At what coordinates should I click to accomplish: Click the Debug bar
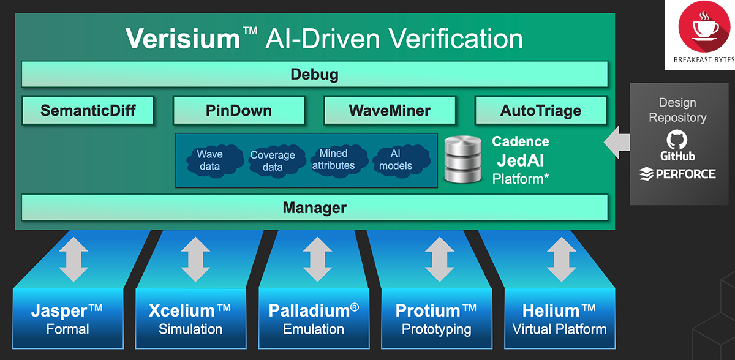[314, 75]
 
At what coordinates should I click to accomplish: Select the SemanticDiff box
[88, 111]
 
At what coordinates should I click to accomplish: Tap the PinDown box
[239, 111]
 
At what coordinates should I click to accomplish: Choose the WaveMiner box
[390, 111]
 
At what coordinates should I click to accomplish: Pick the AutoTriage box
[540, 111]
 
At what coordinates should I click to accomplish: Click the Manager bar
[314, 208]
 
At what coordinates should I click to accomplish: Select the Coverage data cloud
[273, 161]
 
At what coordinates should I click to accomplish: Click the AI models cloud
[396, 160]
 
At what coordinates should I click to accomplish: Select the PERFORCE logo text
[685, 174]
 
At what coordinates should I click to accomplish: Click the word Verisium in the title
[183, 39]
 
